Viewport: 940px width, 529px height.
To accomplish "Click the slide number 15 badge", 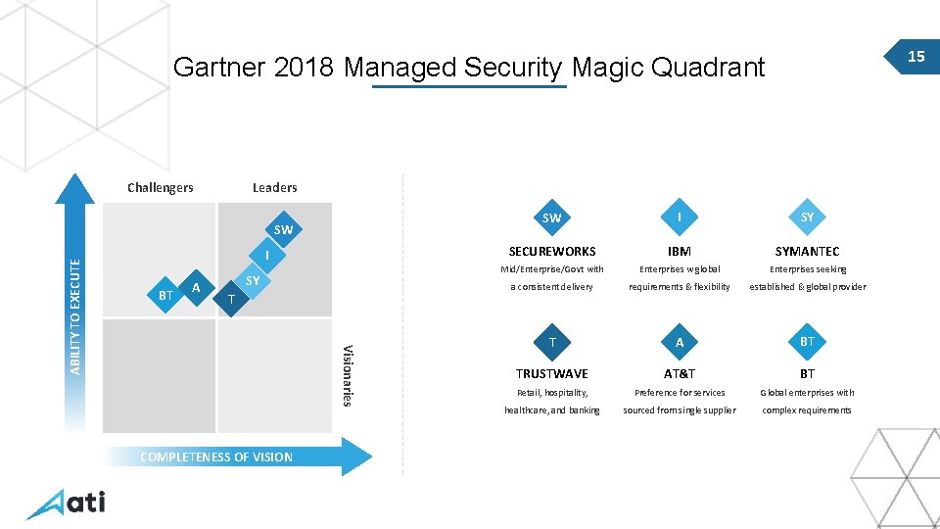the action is (x=916, y=57).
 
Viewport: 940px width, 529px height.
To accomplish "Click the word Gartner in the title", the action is (x=219, y=68).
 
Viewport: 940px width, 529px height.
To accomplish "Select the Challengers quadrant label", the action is (x=161, y=187).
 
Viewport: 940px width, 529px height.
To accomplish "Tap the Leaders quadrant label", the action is (x=274, y=187).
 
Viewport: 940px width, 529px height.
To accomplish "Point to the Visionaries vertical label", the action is (x=347, y=375).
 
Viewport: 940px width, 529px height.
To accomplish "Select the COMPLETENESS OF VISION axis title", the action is (x=216, y=457).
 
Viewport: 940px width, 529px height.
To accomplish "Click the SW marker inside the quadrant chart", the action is (x=283, y=230).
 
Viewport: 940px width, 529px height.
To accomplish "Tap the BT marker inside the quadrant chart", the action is (x=165, y=295).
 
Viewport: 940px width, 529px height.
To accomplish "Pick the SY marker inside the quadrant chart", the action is (x=253, y=281).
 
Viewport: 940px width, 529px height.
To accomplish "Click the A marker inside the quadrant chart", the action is (x=197, y=288).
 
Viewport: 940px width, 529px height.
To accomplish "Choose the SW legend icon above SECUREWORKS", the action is (x=551, y=217).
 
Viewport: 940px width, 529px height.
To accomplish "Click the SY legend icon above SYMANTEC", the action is (x=807, y=217).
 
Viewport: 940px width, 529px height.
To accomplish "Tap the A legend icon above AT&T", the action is (x=680, y=342).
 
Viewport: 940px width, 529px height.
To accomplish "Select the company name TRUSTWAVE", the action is (x=552, y=374).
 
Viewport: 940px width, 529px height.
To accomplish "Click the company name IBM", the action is (x=680, y=252).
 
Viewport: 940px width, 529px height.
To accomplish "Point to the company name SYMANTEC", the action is (x=807, y=252).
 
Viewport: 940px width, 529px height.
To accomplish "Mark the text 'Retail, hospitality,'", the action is (x=552, y=393).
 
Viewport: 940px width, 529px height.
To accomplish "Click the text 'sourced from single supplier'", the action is (x=680, y=410).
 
